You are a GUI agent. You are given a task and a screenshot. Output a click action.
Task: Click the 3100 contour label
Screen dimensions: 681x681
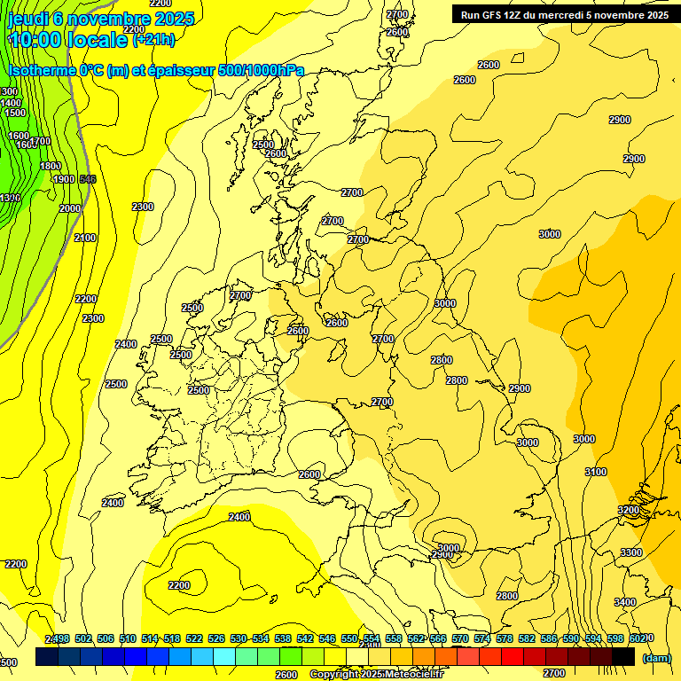596,472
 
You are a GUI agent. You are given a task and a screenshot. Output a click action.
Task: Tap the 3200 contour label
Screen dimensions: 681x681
629,510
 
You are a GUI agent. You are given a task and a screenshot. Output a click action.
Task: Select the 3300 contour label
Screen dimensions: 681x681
630,552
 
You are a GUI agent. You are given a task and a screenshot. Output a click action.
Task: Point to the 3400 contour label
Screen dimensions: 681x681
624,602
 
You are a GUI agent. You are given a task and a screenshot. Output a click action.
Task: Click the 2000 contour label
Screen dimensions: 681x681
70,208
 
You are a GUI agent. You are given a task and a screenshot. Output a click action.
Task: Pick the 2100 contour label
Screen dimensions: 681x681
85,238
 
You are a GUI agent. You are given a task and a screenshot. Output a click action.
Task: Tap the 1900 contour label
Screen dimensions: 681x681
64,179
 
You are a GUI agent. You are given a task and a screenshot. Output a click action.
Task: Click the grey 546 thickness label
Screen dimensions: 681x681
88,179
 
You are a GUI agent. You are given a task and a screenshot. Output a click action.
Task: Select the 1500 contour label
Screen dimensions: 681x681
15,113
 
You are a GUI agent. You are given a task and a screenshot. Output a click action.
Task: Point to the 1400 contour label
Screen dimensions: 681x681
12,103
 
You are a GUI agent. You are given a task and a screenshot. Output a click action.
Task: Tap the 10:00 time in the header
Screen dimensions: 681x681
35,40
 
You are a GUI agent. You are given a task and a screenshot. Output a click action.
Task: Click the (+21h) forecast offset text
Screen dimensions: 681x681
153,40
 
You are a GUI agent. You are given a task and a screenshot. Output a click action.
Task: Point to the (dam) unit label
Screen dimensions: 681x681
656,658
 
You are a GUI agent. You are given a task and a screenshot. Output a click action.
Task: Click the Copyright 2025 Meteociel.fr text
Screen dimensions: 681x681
376,675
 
